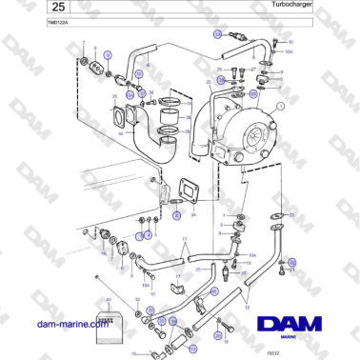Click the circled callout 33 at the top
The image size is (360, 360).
(217, 33)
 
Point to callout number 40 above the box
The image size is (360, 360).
(110, 302)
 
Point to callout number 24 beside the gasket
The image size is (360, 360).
(193, 215)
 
